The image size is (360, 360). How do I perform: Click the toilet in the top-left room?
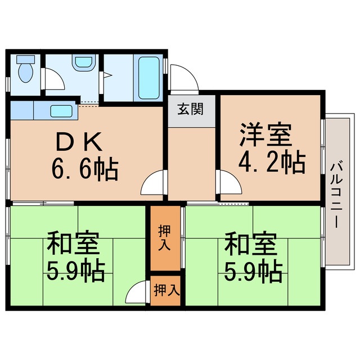[x=25, y=71]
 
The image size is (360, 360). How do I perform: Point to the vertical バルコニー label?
[x=336, y=194]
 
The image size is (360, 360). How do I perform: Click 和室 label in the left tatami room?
[x=73, y=245]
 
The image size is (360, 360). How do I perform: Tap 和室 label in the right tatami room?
[x=250, y=245]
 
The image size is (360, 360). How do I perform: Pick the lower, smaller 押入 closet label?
[x=166, y=290]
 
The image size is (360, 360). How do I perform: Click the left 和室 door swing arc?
[x=137, y=294]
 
